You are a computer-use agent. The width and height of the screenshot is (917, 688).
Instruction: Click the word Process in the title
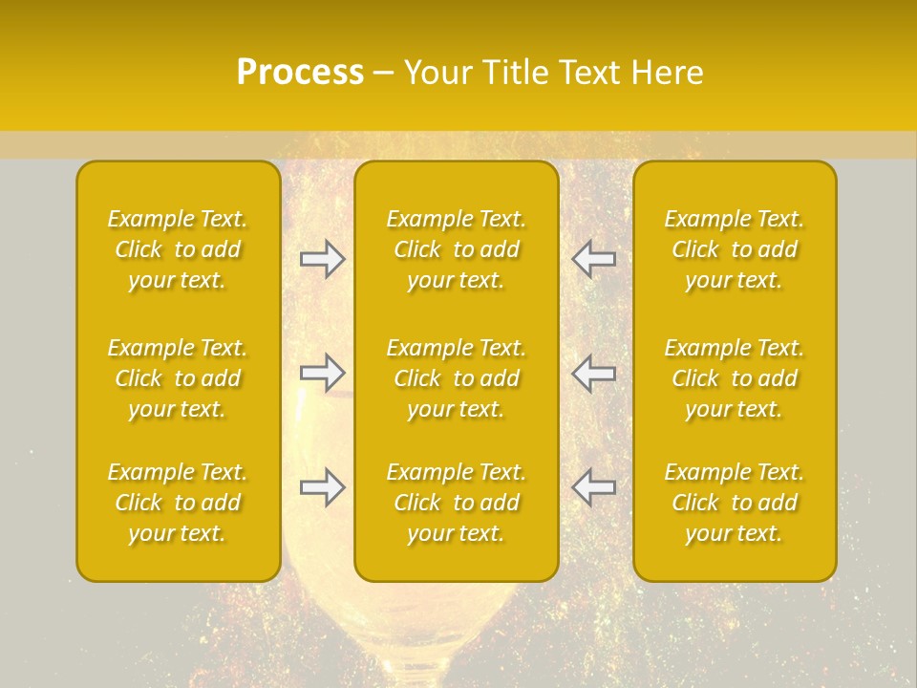click(300, 73)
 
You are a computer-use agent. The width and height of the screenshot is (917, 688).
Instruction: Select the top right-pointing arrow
click(322, 259)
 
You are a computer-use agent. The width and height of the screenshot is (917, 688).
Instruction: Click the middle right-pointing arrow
click(322, 372)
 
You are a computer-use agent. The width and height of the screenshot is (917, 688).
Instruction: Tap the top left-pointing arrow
click(594, 259)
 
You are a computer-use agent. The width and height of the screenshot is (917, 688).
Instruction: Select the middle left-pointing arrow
click(594, 372)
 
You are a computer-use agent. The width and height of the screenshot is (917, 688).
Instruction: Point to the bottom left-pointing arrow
click(594, 486)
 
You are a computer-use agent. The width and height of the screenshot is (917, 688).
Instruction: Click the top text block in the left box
click(178, 249)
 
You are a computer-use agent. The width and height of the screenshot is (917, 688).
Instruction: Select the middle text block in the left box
click(178, 378)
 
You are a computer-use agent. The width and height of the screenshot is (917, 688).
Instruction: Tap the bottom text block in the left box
click(178, 503)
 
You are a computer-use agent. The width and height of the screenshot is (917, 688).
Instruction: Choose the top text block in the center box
click(457, 249)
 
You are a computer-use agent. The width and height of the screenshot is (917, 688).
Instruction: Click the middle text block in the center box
click(457, 378)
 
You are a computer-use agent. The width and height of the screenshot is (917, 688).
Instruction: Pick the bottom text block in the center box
click(457, 503)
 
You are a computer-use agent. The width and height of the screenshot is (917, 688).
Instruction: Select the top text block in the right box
click(735, 249)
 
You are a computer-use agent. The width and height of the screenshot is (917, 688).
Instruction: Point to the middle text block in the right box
click(735, 378)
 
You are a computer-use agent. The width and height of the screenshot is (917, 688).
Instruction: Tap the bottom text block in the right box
click(735, 503)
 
